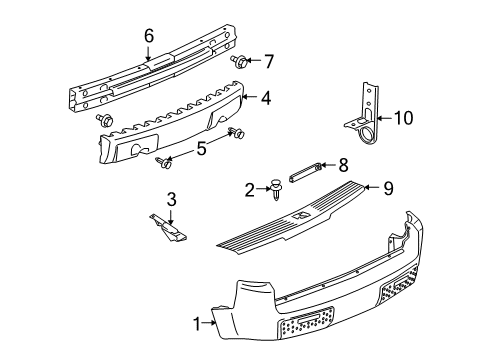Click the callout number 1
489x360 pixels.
point(196,322)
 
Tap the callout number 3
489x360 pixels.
point(171,199)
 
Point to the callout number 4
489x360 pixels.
point(265,99)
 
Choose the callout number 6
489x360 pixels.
point(149,36)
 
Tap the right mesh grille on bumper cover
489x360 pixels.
point(411,292)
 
